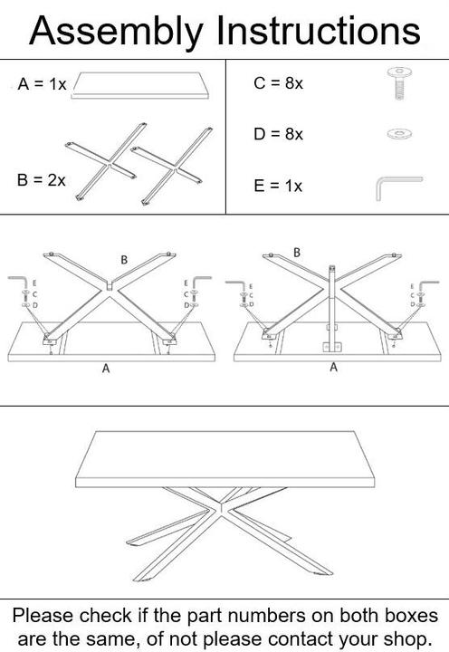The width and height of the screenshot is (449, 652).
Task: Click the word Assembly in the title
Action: point(117,33)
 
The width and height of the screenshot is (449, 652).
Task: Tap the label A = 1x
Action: point(42,84)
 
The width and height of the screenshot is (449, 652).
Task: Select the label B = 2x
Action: point(42,180)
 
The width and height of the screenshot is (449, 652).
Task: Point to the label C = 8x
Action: point(278,83)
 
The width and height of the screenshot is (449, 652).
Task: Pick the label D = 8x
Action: point(278,134)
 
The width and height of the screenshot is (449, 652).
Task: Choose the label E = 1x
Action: point(278,186)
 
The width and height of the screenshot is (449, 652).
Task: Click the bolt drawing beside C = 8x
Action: point(399,83)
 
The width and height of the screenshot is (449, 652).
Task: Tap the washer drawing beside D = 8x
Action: point(399,134)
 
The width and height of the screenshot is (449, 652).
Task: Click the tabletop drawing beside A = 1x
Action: point(140,86)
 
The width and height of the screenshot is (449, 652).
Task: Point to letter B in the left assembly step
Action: point(124,260)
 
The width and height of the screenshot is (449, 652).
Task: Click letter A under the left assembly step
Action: point(106,369)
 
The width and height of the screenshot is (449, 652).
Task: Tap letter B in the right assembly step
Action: point(297,253)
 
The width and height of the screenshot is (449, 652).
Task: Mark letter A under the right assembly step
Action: point(333,367)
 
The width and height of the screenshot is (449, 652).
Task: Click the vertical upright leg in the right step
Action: point(331,308)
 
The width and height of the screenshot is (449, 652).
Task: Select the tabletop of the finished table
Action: point(224,459)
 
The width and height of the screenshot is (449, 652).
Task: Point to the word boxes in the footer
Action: point(411,616)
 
